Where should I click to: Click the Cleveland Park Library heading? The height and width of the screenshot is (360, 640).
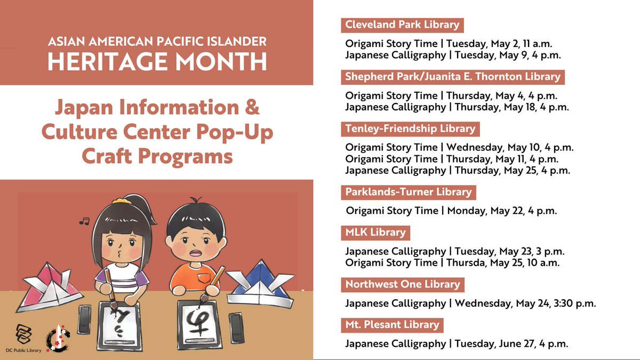[x=402, y=25]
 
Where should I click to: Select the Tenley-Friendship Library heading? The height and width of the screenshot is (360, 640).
[x=410, y=129]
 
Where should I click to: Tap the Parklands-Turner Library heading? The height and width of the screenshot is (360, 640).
[x=408, y=191]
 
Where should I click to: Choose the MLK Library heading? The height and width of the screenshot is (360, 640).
[x=375, y=232]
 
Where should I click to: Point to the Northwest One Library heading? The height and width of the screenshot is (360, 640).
[x=402, y=284]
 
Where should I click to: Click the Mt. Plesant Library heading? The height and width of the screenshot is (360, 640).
[x=392, y=324]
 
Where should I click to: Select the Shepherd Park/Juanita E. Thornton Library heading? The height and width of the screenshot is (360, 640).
[x=453, y=77]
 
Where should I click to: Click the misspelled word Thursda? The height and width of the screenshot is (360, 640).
[x=465, y=263]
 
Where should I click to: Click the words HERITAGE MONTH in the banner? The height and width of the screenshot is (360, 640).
[x=157, y=62]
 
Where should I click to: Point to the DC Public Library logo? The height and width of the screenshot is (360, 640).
[x=24, y=336]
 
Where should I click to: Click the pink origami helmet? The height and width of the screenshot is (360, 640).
[x=47, y=291]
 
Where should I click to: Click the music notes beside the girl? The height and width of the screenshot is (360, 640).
[x=83, y=221]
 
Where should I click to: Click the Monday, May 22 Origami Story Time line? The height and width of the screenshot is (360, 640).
[x=451, y=211]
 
